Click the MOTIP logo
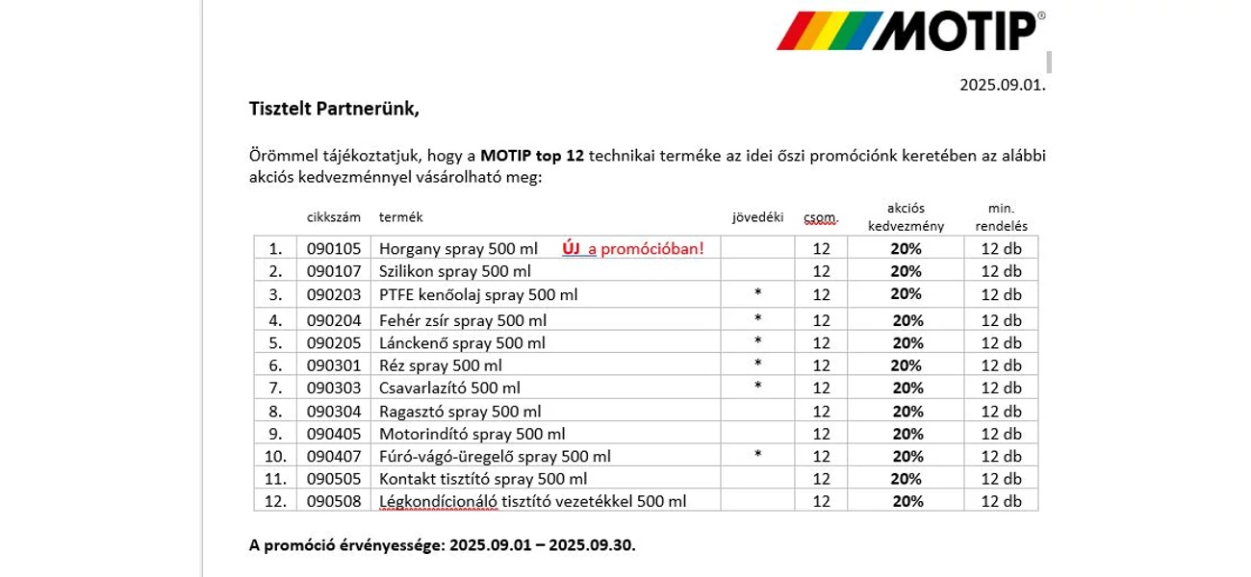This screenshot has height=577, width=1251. (910, 31)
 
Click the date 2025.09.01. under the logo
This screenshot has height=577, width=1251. (1003, 85)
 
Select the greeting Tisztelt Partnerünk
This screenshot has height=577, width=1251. (334, 109)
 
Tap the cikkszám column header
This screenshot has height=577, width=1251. (333, 217)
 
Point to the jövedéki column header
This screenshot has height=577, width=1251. (758, 217)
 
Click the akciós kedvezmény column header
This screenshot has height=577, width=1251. (906, 217)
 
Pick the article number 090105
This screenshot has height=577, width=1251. (334, 248)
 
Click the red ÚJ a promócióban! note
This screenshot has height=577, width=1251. (633, 248)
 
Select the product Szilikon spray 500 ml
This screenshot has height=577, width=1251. (454, 271)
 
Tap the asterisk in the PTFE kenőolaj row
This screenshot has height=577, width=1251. (758, 292)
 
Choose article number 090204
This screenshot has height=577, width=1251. (334, 320)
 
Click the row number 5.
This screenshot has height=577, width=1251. (275, 342)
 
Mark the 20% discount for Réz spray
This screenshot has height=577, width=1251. (906, 365)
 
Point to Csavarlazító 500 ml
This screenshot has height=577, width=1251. (449, 388)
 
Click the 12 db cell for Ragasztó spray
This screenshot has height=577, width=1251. (1002, 412)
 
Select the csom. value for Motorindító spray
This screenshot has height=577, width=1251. (821, 434)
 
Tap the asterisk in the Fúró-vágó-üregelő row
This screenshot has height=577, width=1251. (758, 454)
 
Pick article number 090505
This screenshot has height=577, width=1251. (334, 479)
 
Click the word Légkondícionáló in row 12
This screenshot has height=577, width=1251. (438, 501)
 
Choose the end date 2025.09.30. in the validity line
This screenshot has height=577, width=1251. (592, 545)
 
